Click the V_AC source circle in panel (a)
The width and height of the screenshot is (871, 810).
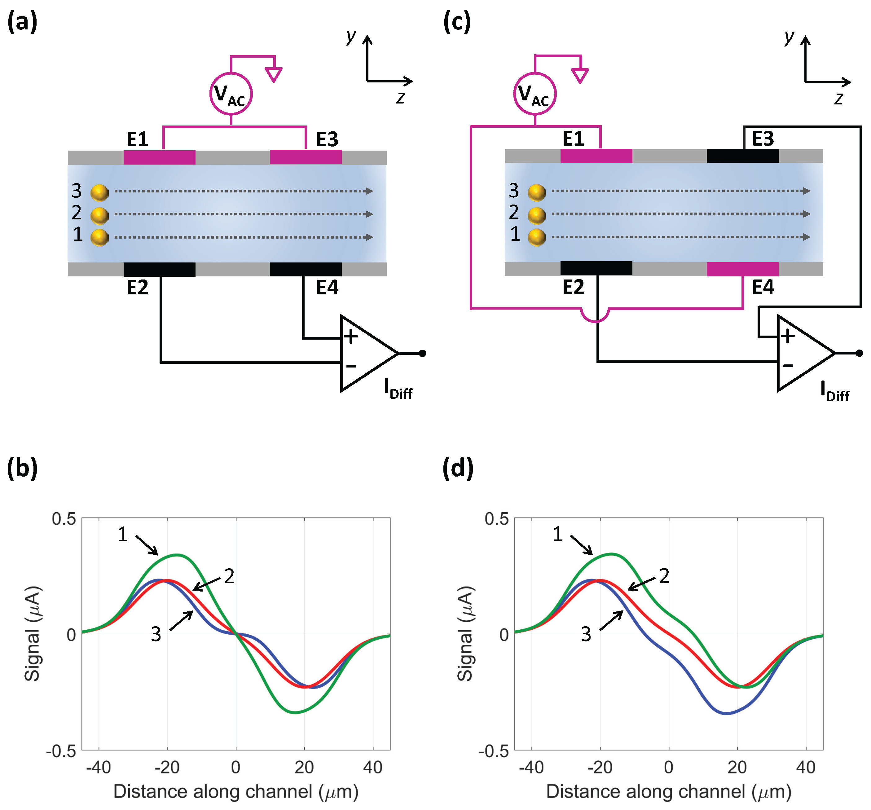(231, 94)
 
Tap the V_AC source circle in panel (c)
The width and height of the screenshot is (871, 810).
(534, 94)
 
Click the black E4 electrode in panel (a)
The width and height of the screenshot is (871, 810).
(306, 269)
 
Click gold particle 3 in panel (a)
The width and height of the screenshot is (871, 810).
(99, 192)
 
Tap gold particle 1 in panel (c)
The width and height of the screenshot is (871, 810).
(536, 237)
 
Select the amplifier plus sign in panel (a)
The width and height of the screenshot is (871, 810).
(350, 337)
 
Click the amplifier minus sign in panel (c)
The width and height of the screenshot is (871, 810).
(788, 365)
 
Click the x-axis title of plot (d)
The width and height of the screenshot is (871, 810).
(669, 792)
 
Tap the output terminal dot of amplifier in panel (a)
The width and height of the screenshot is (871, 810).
(422, 353)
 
